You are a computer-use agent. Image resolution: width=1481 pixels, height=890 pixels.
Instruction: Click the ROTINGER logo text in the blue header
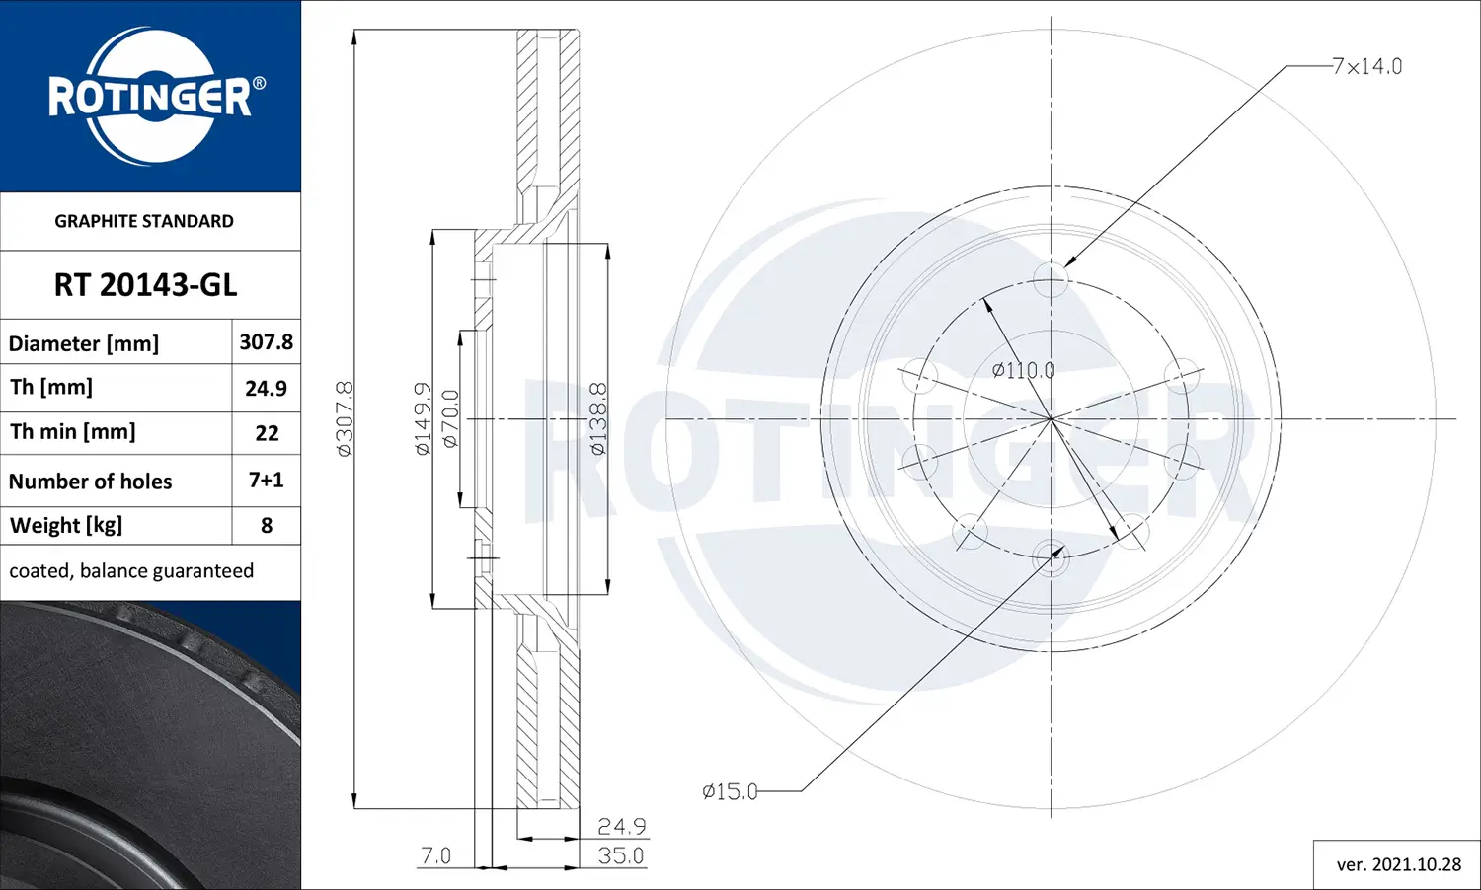(150, 98)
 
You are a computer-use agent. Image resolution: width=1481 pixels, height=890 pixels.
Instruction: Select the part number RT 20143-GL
(145, 285)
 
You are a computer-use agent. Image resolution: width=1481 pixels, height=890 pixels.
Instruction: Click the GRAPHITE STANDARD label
(144, 221)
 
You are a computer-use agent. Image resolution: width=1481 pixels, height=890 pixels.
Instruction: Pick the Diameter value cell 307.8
(266, 341)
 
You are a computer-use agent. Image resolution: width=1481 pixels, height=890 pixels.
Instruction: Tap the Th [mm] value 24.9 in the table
(266, 388)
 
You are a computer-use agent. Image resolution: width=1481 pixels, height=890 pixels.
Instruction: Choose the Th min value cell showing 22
(267, 433)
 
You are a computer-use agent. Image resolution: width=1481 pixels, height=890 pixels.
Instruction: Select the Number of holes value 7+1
(266, 481)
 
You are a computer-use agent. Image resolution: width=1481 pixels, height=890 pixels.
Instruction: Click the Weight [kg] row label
(66, 525)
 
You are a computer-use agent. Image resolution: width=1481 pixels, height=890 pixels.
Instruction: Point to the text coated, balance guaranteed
(131, 571)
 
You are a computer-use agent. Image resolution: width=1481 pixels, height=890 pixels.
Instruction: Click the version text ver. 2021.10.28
(1398, 864)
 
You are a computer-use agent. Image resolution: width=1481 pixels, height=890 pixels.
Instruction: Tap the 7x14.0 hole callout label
(1366, 66)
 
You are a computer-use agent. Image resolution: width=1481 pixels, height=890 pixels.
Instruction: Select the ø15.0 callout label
(730, 791)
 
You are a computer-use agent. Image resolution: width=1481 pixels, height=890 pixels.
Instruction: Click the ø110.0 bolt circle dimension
(1023, 370)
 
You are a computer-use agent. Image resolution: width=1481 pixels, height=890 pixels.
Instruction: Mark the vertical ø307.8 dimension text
(345, 418)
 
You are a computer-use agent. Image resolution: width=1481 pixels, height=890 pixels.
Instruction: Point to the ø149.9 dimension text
(423, 418)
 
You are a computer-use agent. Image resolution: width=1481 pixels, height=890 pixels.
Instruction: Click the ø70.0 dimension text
(450, 418)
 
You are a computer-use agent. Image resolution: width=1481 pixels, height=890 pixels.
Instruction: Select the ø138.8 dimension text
(598, 418)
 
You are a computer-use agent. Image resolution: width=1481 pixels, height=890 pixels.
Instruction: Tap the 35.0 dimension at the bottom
(621, 855)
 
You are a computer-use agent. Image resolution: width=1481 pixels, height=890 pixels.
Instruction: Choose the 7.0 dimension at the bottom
(435, 855)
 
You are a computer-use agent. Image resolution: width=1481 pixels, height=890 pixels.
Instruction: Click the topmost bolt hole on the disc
(1051, 279)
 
